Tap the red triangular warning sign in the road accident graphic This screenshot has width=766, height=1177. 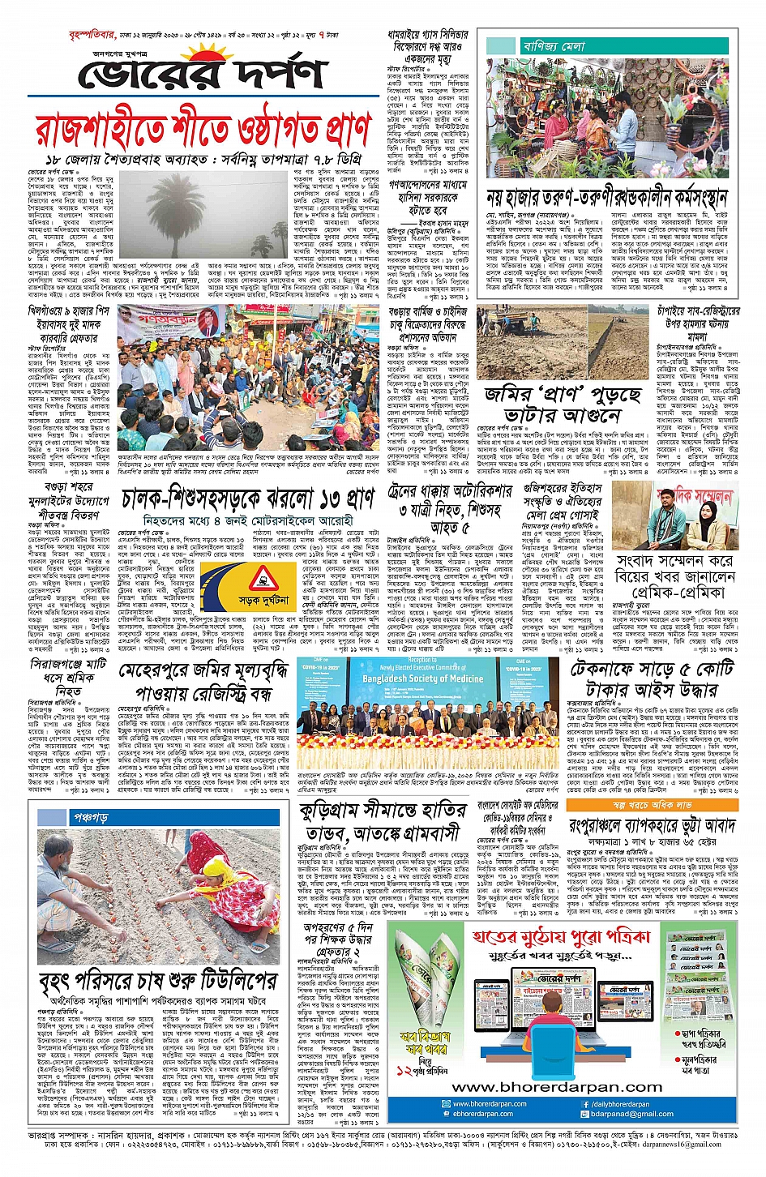(x=262, y=578)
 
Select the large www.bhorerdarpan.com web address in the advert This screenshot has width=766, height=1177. (x=556, y=1086)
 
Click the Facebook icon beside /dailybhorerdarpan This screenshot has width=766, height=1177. (x=585, y=1104)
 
